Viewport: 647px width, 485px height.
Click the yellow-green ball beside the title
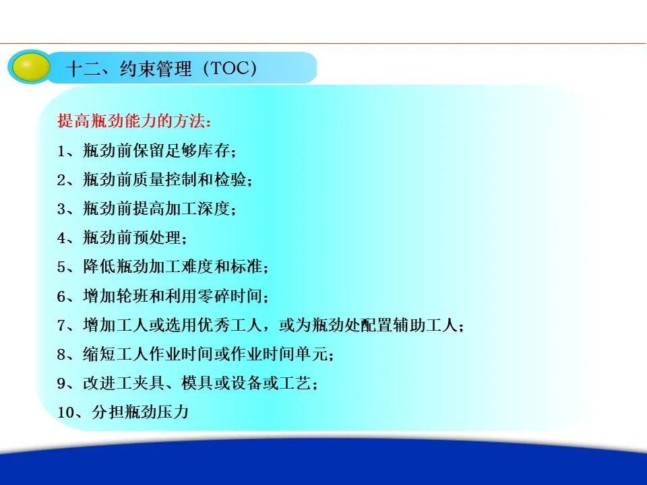30,67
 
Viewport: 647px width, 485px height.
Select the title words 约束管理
156,69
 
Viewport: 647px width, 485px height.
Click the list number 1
61,151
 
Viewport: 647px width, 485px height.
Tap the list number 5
61,267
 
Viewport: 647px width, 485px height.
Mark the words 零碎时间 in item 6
230,296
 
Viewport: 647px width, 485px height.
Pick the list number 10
65,412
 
